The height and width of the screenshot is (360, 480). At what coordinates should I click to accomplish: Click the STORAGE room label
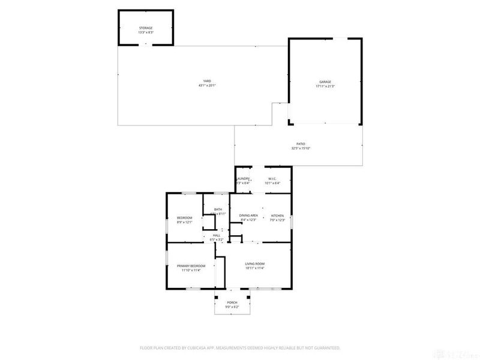[146, 28]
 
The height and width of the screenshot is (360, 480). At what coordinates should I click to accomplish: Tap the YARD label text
[206, 81]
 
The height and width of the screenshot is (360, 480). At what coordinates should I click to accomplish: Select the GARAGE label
[325, 82]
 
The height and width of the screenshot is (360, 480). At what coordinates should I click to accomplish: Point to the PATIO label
[301, 144]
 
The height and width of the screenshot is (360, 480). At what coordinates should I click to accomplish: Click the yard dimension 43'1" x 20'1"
[206, 86]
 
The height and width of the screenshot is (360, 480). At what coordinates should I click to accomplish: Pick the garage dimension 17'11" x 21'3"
[325, 86]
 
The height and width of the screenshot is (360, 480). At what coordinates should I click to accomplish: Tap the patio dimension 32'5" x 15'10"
[301, 148]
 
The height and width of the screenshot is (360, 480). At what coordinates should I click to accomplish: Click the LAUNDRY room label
[242, 179]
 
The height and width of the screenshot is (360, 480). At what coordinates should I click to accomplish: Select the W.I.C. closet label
[272, 179]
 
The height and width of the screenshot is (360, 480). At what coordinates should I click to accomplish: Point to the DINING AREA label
[248, 215]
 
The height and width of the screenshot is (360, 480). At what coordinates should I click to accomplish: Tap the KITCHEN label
[277, 215]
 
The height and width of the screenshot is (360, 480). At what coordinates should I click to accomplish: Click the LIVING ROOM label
[256, 264]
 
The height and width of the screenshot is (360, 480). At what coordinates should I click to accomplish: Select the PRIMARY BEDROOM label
[191, 266]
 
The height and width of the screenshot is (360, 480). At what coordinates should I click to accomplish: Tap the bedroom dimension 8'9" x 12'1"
[184, 222]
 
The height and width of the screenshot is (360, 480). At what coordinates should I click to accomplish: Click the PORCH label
[232, 302]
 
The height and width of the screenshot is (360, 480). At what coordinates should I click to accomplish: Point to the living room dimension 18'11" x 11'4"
[256, 269]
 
